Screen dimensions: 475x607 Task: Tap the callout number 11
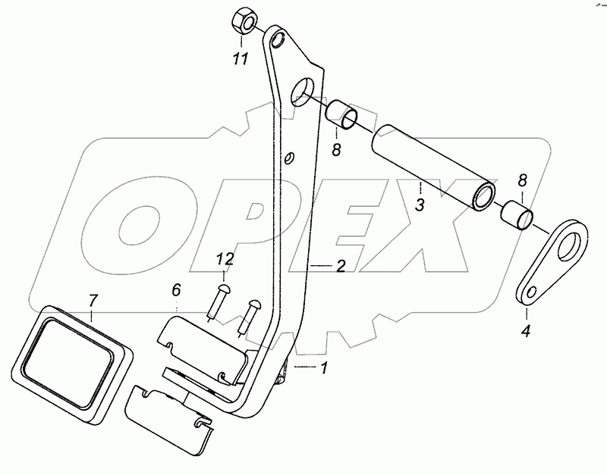click(x=241, y=58)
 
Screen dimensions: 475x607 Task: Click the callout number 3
click(x=420, y=204)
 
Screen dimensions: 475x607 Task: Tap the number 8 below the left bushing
click(x=336, y=149)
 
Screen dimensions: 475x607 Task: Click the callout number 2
click(x=341, y=266)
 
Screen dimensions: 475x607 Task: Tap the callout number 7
click(x=93, y=297)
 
